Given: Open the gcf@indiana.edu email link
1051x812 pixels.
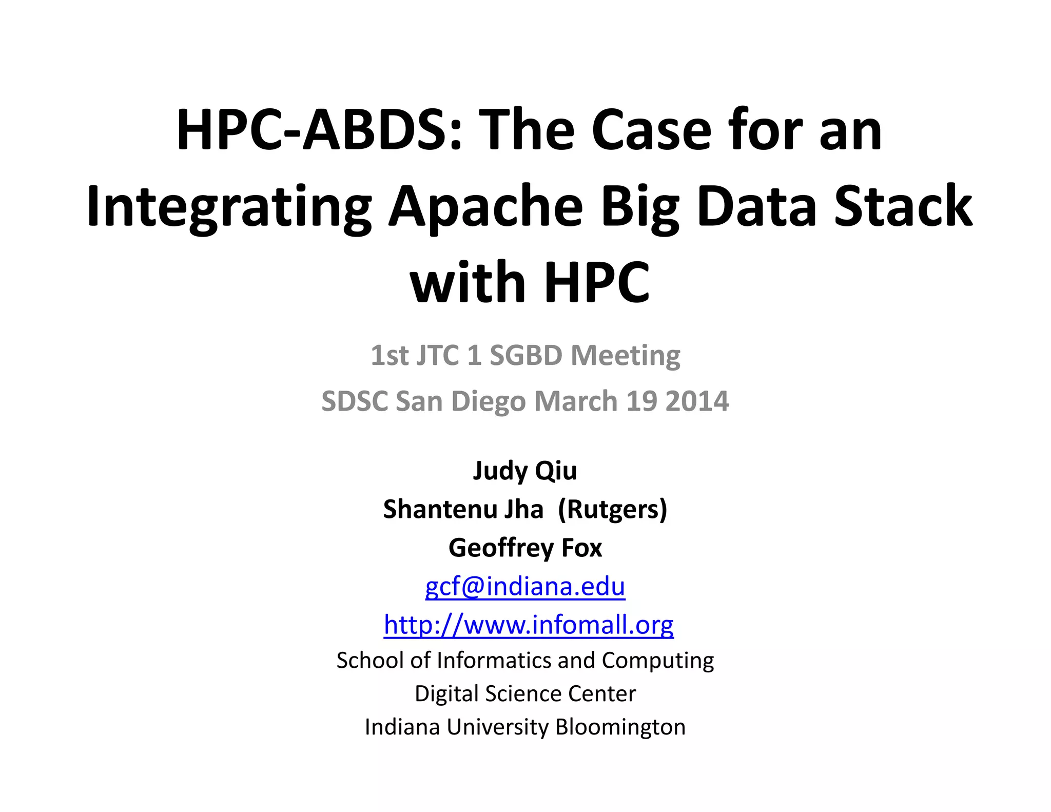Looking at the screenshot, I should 525,586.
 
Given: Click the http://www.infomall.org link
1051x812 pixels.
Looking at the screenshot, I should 529,625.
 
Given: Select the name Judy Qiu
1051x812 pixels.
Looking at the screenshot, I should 525,471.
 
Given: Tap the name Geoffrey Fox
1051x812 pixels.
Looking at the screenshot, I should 525,548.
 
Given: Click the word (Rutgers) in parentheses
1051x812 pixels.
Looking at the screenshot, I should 612,509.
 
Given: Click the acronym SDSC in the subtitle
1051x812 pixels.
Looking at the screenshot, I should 355,401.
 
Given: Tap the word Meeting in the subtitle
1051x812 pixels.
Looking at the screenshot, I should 626,355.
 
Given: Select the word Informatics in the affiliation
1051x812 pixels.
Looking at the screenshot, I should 493,661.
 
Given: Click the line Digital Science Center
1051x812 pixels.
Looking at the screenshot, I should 525,693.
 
